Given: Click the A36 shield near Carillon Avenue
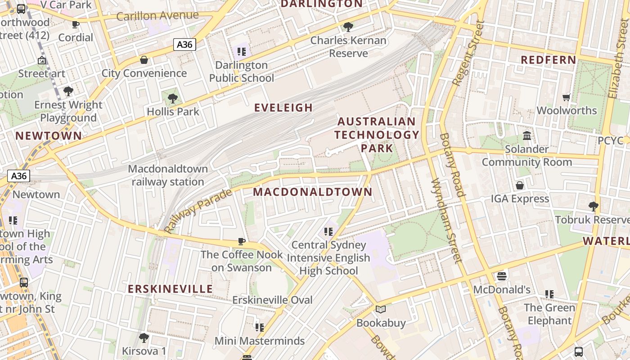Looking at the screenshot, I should (184, 45).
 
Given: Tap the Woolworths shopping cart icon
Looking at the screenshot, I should (567, 97).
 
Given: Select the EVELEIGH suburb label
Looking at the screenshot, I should (283, 108).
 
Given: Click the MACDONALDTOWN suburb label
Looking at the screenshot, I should (313, 192).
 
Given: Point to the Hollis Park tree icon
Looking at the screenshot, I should (172, 98).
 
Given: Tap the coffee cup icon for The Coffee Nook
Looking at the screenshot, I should (242, 241).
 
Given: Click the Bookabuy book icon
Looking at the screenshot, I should (381, 309).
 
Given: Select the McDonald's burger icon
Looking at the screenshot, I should (502, 276).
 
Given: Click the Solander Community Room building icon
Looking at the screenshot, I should (526, 135).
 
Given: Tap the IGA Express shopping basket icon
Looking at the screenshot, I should (520, 185).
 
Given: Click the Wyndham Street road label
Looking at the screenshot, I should (446, 220).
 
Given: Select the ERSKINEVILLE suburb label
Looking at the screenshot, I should (170, 289).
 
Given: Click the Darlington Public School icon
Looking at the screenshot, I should (242, 52).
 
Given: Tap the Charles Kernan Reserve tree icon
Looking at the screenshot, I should (348, 27).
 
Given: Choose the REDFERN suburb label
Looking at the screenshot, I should (548, 60).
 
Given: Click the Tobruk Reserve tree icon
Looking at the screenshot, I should (593, 207).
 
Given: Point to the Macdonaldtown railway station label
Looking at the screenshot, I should (168, 175).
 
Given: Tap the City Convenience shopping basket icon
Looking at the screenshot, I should (144, 60).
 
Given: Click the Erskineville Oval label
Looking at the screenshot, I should (272, 300).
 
